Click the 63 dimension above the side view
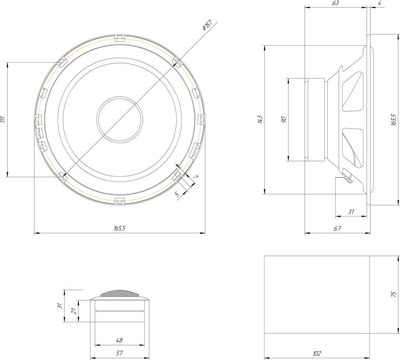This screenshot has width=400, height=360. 334,6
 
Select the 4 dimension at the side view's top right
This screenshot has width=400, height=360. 381,6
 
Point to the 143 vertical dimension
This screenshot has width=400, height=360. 260,120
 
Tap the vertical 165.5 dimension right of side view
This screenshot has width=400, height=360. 394,120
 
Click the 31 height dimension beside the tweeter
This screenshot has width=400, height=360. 60,305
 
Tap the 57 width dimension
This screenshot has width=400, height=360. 119,353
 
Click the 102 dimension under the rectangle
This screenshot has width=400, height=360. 317,352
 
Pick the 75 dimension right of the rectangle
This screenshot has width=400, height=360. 394,295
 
